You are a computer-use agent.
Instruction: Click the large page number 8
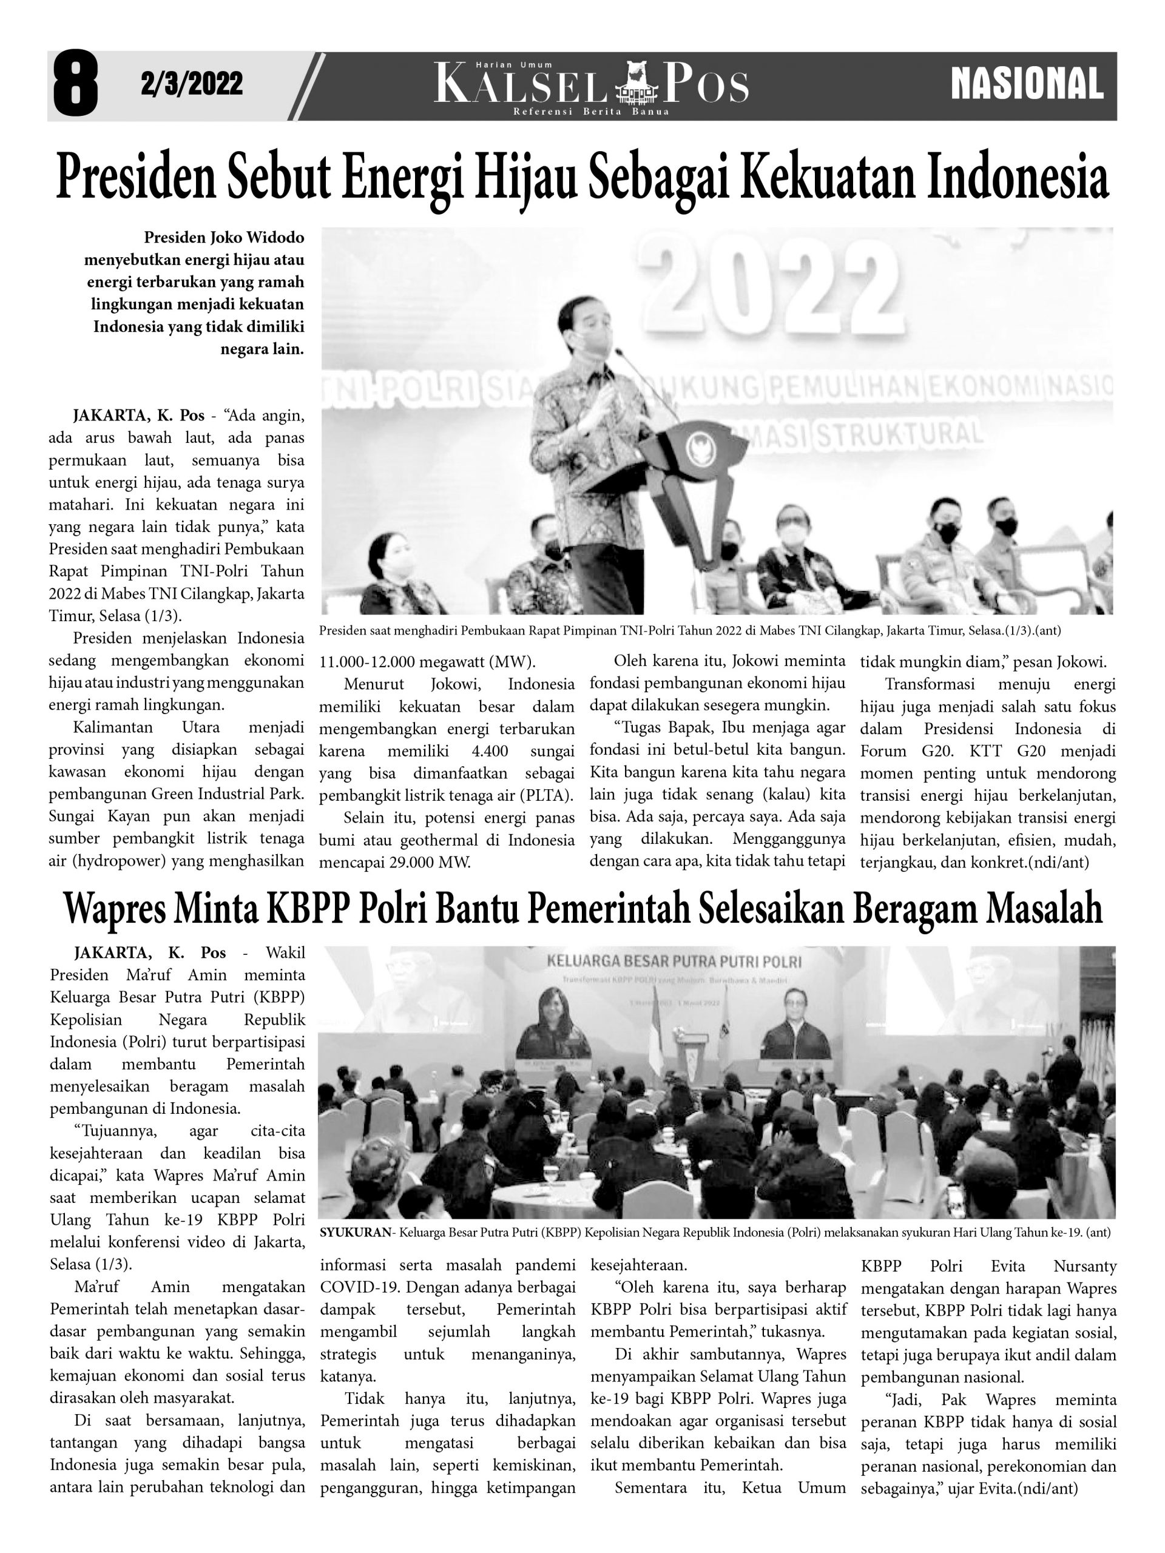point(75,84)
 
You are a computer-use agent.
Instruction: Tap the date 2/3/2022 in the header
point(192,84)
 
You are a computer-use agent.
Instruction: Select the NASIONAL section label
point(1027,85)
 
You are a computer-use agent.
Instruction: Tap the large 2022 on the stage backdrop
point(772,281)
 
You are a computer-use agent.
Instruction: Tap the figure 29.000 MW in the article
point(430,862)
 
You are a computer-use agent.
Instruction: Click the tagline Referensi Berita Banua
point(590,112)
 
